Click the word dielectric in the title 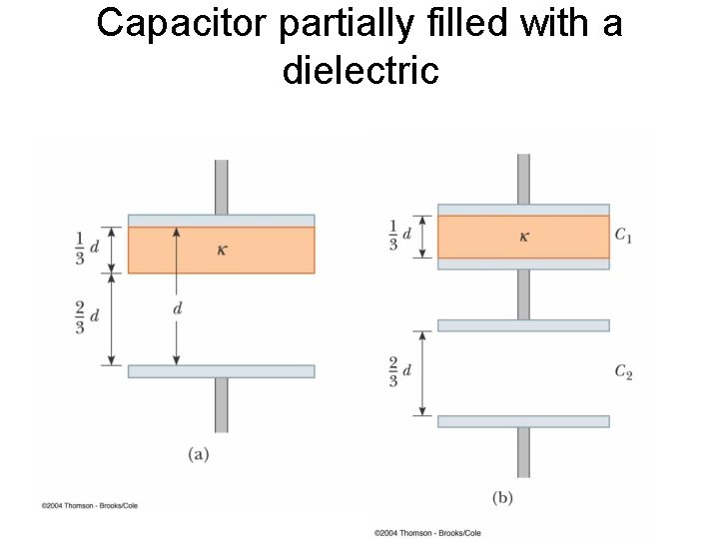(360, 70)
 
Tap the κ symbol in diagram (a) (222, 249)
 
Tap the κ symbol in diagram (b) (523, 237)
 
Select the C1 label (623, 236)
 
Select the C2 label (623, 372)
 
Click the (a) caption (199, 454)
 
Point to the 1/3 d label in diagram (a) (86, 248)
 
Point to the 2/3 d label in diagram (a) (86, 316)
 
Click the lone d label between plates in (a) (178, 309)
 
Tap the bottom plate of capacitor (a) (221, 371)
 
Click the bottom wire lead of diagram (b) (523, 452)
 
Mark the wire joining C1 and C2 (523, 294)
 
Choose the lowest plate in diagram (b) (523, 421)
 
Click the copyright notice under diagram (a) (90, 506)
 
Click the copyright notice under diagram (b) (427, 533)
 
